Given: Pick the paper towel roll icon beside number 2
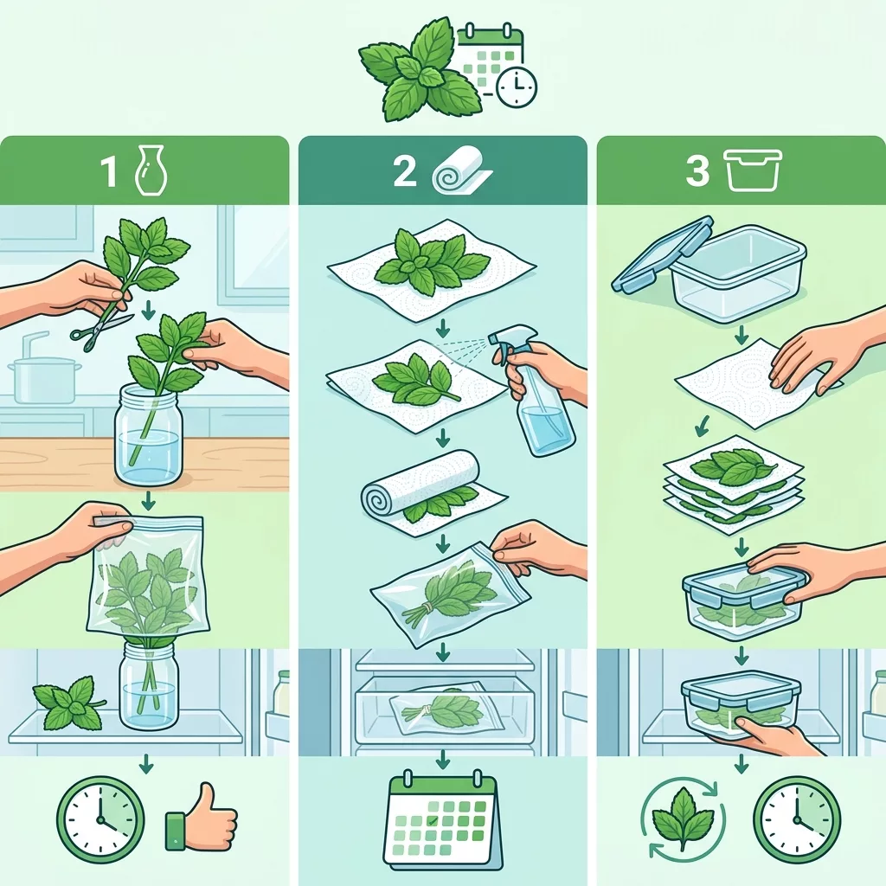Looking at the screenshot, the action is click(x=461, y=171).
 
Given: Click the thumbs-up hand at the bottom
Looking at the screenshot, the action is click(x=202, y=817).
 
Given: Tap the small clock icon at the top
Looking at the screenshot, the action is click(x=516, y=87).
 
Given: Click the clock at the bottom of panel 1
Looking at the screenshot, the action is click(x=100, y=819).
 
